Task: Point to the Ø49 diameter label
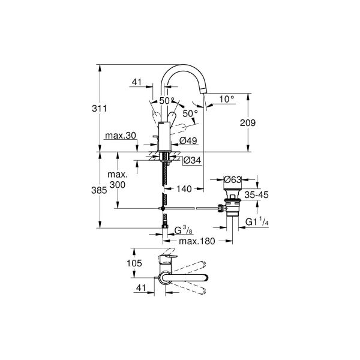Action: [188, 142]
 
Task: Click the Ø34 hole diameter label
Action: [190, 160]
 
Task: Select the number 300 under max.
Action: [118, 186]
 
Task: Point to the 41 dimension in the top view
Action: [142, 288]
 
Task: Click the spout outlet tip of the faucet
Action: [205, 91]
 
